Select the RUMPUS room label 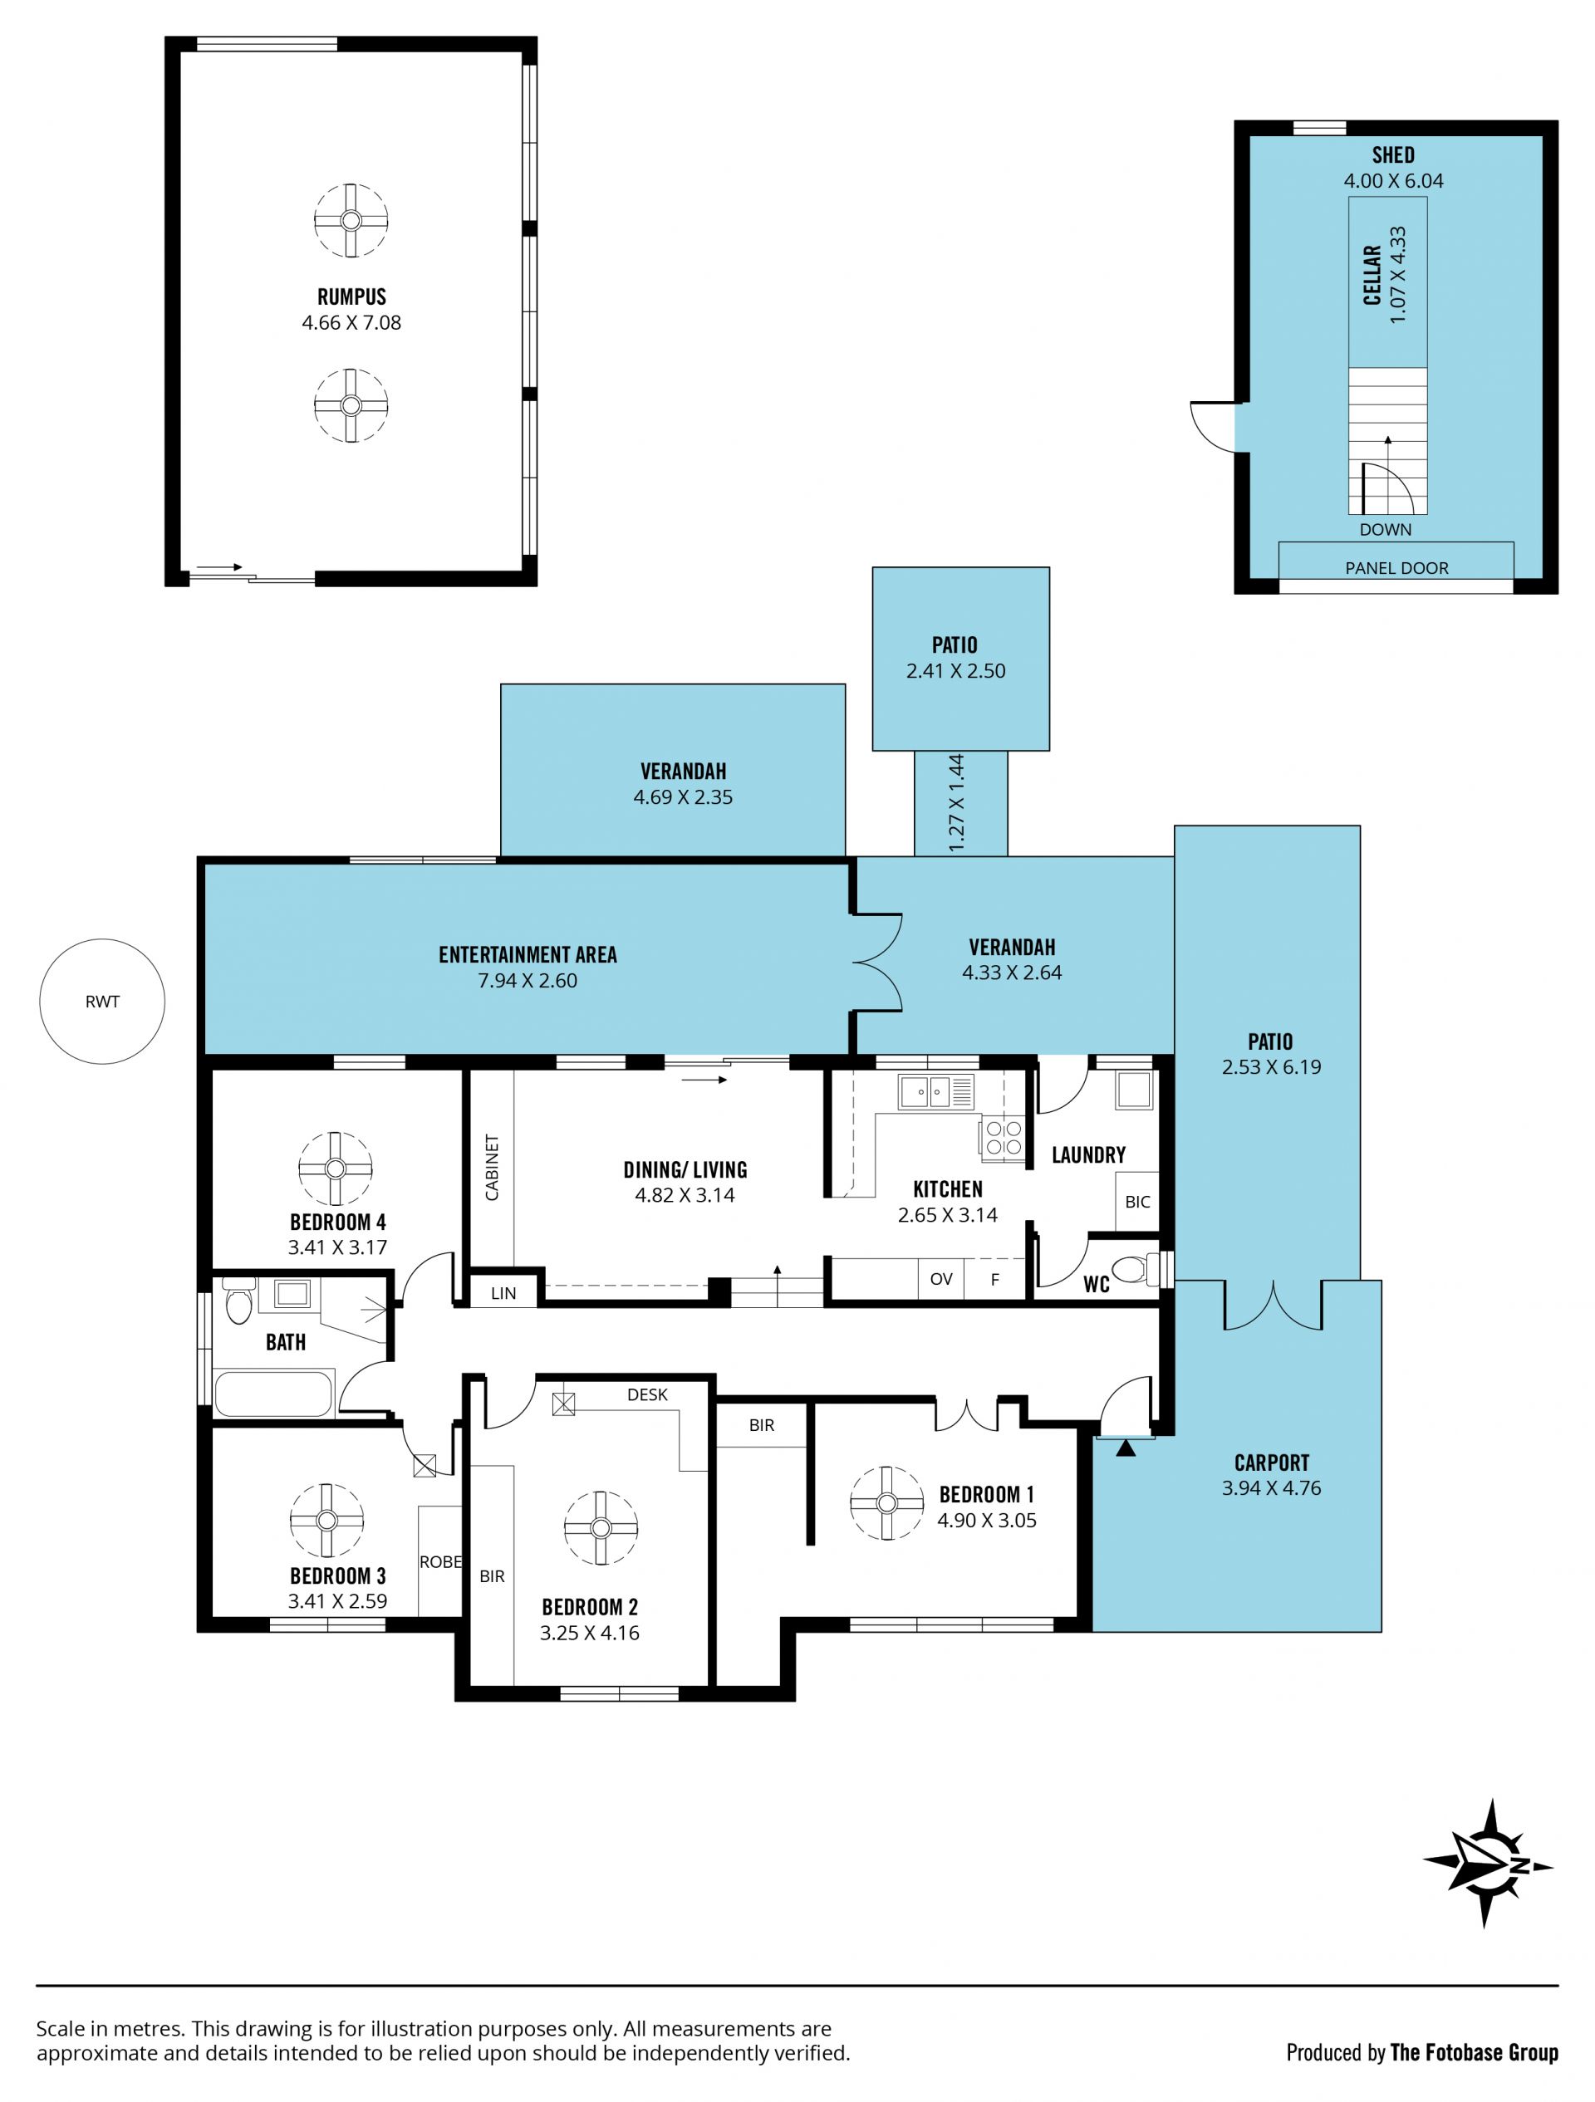(x=351, y=296)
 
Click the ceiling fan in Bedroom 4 (x=336, y=1168)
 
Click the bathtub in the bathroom (x=275, y=1393)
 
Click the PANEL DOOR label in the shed (x=1396, y=568)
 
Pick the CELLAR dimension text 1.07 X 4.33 (x=1397, y=275)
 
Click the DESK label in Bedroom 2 (x=647, y=1394)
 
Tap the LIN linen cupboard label (x=503, y=1292)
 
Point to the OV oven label (x=941, y=1279)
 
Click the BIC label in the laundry (x=1138, y=1202)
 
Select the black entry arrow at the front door (x=1126, y=1448)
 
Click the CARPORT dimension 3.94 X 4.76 (x=1271, y=1488)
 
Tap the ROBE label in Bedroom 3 (x=441, y=1561)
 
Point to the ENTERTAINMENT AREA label (x=528, y=955)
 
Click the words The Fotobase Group (x=1475, y=2053)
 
